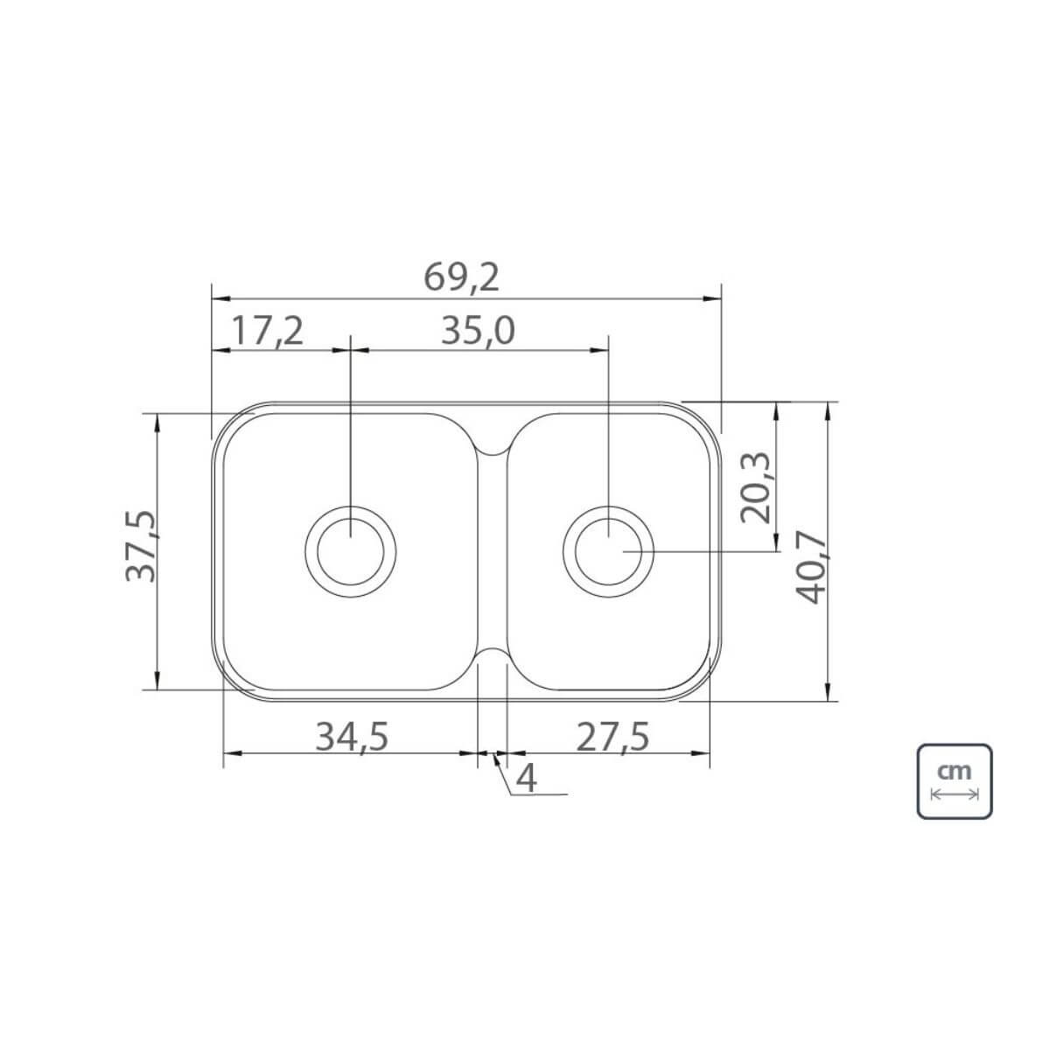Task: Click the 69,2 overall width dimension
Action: [461, 278]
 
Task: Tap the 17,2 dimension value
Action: [267, 331]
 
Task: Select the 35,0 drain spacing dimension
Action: [478, 331]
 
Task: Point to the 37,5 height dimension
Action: [141, 546]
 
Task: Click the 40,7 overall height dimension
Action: [812, 568]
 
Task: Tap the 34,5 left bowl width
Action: [352, 737]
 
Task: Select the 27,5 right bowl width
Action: [613, 737]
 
